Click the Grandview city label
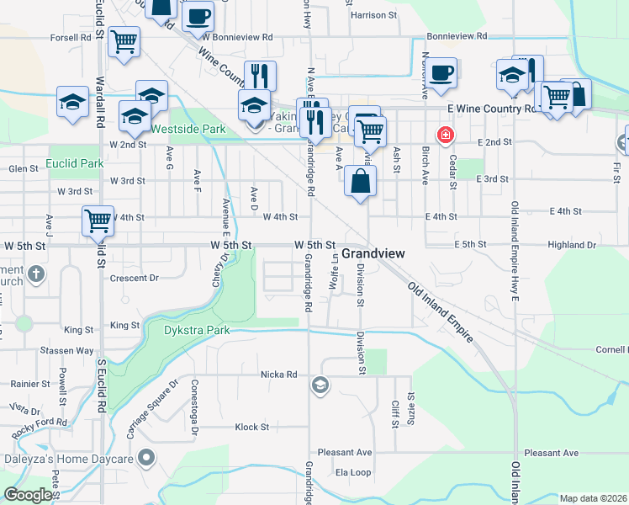[373, 252]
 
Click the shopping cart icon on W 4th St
[98, 221]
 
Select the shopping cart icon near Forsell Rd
[124, 40]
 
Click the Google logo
[28, 494]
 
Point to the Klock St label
[251, 427]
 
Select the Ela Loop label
[353, 473]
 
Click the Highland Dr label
[571, 244]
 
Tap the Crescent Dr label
[135, 278]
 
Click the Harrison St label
[374, 15]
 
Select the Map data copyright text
[593, 498]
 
